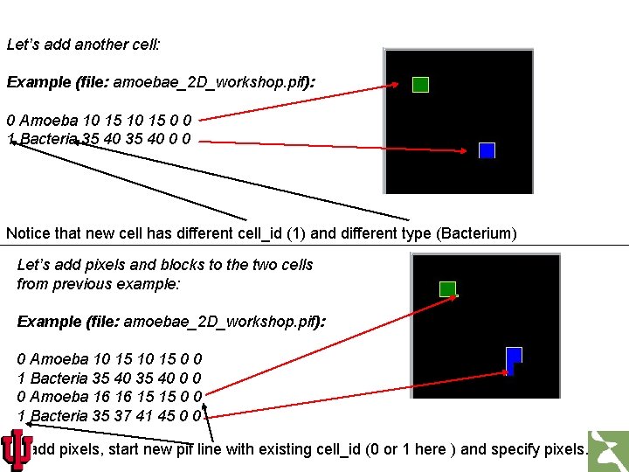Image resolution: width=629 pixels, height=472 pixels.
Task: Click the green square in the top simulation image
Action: (x=420, y=85)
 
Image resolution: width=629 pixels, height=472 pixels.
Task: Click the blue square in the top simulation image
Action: (x=487, y=150)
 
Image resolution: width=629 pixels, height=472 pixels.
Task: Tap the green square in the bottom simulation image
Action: (x=447, y=288)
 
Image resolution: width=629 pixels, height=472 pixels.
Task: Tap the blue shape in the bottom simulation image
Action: (x=513, y=357)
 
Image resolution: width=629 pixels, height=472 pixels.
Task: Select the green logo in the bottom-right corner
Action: (x=608, y=451)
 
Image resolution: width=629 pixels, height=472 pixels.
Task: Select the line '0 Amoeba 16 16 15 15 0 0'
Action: (x=110, y=397)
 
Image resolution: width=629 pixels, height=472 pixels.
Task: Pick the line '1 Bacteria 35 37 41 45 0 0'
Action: (x=110, y=415)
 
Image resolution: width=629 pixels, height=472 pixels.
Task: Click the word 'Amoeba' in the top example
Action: (x=49, y=120)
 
